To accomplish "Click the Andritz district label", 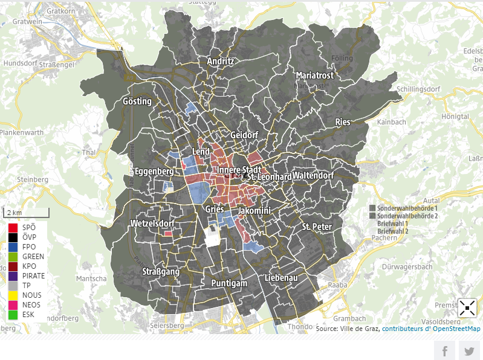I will click(220, 62).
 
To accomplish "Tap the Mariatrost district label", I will click(314, 76).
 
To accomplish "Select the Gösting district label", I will click(137, 101).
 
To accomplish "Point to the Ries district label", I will click(342, 122).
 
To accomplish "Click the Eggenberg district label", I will click(155, 172).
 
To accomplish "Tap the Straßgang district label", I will click(161, 272).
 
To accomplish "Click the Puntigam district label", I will click(230, 283).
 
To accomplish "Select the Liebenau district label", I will click(281, 278).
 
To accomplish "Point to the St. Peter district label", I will click(317, 227).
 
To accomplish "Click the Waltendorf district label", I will click(313, 176).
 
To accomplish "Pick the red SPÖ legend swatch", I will click(13, 228).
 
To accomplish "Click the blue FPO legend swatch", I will click(13, 247).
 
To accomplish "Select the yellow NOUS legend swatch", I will click(13, 295).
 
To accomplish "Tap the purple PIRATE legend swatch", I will click(13, 276).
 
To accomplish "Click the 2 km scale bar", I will click(27, 213).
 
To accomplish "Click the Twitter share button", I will click(468, 351).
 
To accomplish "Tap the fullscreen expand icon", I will click(467, 308).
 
